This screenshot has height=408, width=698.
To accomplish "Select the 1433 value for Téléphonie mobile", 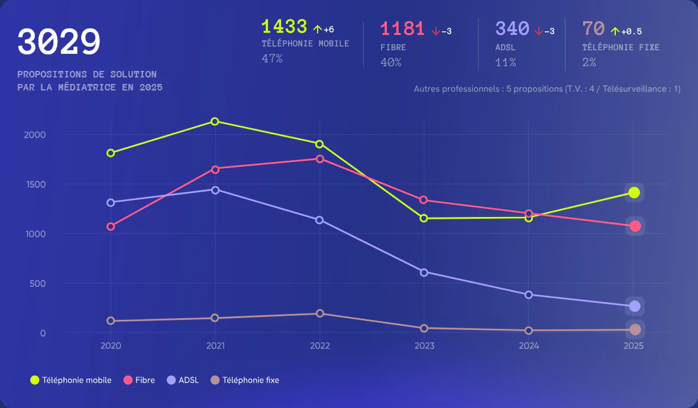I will point(284,27).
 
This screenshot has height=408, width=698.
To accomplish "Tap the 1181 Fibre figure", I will point(402,28).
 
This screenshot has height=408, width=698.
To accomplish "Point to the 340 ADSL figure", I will point(512,28).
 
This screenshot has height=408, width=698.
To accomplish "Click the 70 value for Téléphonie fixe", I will point(593,28).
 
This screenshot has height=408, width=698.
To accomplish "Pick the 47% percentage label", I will point(272,59).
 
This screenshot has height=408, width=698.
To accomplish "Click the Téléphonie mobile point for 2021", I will point(215,121).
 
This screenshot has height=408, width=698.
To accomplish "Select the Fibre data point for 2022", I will point(320,158).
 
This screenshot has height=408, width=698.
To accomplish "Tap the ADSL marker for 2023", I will point(424,272).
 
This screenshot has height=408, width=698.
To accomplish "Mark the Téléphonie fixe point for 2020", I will point(111,320).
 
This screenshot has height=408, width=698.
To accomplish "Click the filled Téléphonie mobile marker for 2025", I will point(634,192).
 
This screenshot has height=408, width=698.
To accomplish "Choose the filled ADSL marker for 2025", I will point(634,306).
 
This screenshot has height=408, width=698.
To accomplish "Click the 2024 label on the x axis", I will point(529,346).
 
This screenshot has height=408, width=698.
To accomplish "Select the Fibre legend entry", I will point(140,380).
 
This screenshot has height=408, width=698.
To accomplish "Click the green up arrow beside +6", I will point(317,30).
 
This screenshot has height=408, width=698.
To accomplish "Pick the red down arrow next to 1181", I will point(435,31).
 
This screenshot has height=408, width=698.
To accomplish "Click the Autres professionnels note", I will point(547,89).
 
